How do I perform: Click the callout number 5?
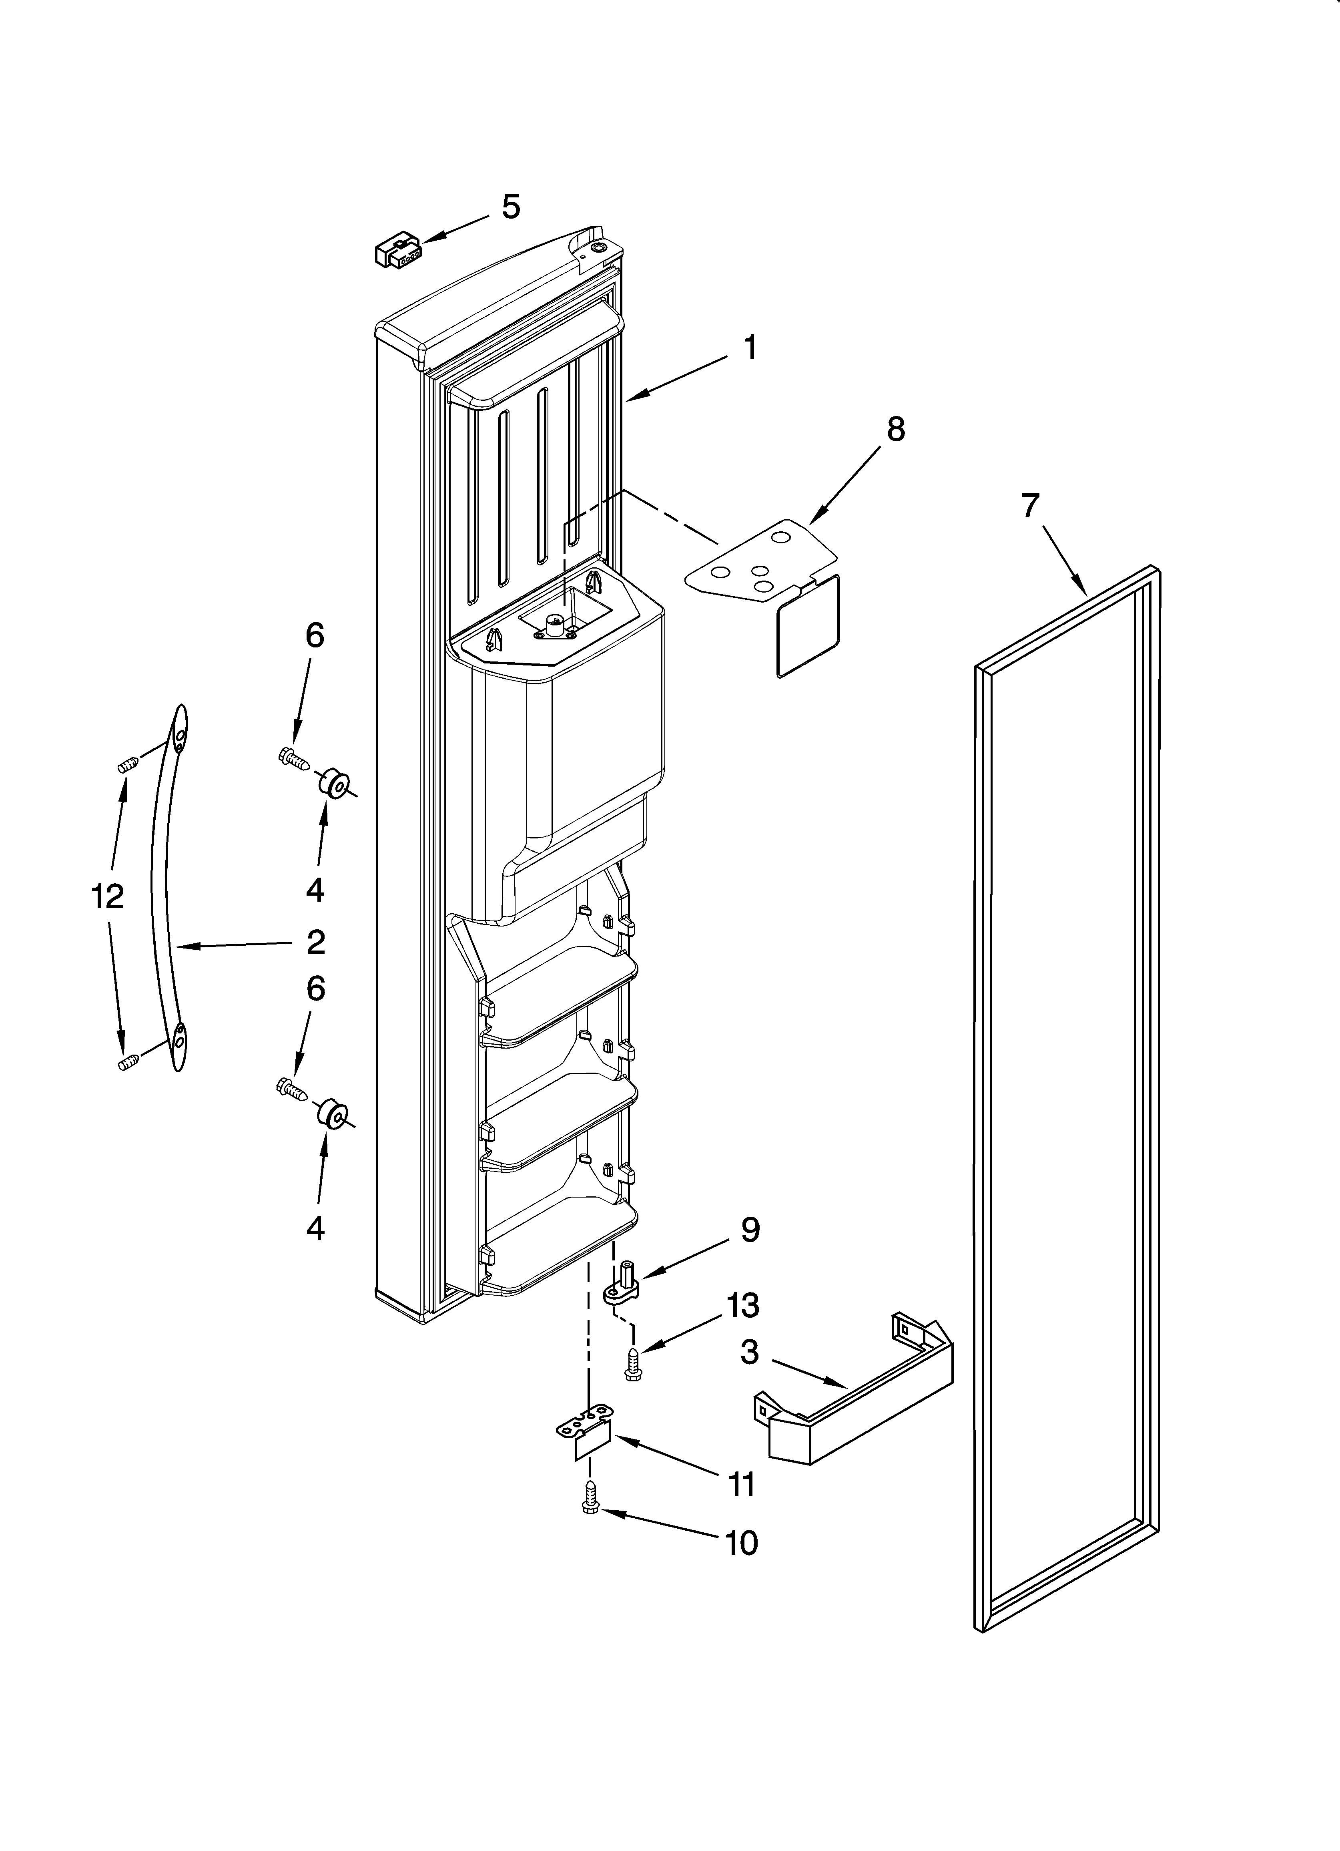[510, 207]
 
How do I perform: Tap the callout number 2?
[316, 943]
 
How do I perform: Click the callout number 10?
[741, 1544]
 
